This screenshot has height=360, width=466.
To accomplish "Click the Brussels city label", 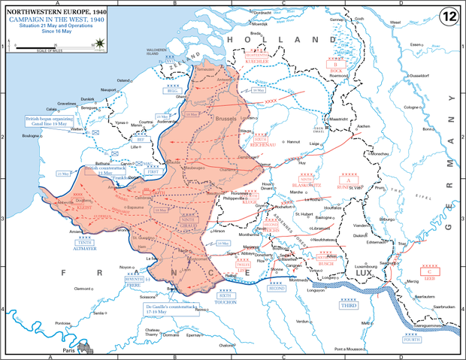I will [x=225, y=119].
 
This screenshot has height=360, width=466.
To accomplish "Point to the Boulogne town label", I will [x=32, y=135].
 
